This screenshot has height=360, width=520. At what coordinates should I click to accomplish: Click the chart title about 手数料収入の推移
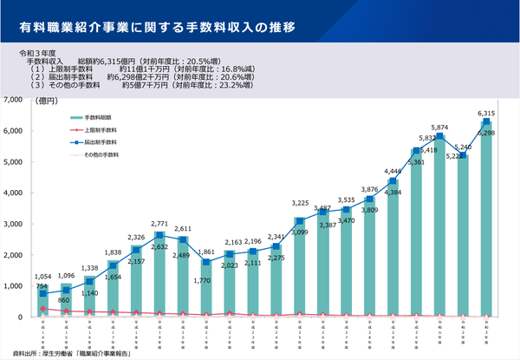click(x=156, y=27)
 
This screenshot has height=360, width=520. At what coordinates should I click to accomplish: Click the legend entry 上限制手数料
click(x=101, y=129)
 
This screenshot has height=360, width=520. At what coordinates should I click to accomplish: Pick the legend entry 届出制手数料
click(x=101, y=141)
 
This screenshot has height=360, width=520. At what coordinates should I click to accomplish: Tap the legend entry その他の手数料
click(x=101, y=154)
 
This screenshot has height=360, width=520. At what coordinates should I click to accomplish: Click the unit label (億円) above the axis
click(x=48, y=102)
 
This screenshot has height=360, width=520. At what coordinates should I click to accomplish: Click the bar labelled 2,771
click(x=159, y=278)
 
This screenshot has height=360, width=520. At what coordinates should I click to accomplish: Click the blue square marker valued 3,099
click(x=299, y=221)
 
